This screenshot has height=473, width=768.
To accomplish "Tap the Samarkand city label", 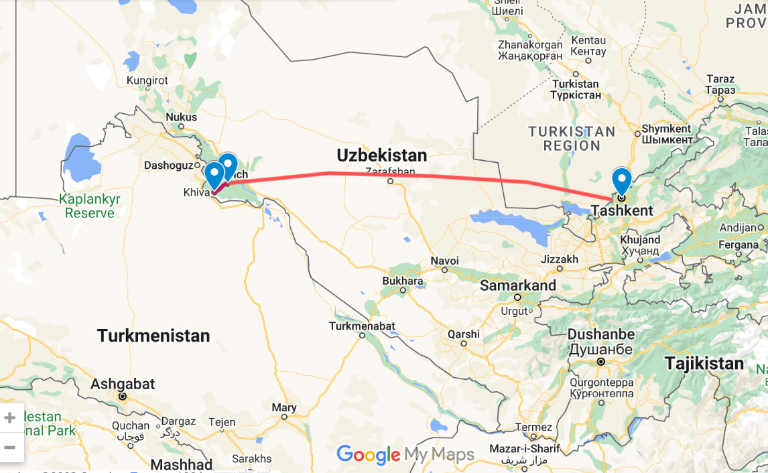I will pyautogui.click(x=518, y=285).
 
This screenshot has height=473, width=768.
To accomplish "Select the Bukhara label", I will pyautogui.click(x=402, y=281).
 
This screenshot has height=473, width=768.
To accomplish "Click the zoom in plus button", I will pyautogui.click(x=10, y=418).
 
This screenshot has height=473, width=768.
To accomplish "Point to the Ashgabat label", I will pyautogui.click(x=123, y=384).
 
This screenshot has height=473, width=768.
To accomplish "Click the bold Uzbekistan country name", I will pyautogui.click(x=381, y=155).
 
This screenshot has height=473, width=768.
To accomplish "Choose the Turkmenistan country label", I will pyautogui.click(x=153, y=335).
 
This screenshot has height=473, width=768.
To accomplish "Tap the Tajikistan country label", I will pyautogui.click(x=704, y=363).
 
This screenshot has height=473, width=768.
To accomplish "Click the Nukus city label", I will pyautogui.click(x=181, y=117).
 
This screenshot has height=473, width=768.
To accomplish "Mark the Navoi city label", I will pyautogui.click(x=445, y=261).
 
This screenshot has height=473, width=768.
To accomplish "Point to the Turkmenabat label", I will pyautogui.click(x=362, y=326).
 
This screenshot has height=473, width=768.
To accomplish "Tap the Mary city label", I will pyautogui.click(x=284, y=407).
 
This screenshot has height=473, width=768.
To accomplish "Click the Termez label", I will pyautogui.click(x=533, y=427).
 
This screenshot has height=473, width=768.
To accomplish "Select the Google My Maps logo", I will pyautogui.click(x=405, y=455).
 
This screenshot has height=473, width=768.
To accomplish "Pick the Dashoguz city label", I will pyautogui.click(x=168, y=165).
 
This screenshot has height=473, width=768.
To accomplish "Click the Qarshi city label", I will pyautogui.click(x=464, y=334).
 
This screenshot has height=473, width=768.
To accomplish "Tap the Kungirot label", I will pyautogui.click(x=147, y=80).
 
